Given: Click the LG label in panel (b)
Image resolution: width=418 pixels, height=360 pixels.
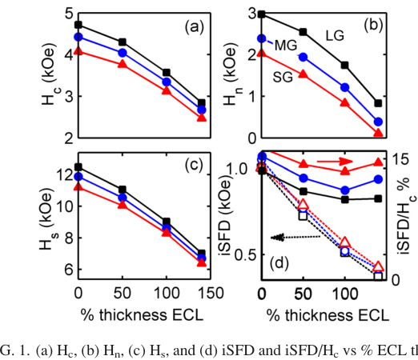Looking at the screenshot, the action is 335,35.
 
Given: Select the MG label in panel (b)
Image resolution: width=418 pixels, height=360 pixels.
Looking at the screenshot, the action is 286,46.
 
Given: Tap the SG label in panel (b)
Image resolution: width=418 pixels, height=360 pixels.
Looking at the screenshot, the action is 283,78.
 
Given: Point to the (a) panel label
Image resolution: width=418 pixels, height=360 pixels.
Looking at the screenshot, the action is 194,27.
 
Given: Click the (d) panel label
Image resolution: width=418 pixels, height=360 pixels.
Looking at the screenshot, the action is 279,263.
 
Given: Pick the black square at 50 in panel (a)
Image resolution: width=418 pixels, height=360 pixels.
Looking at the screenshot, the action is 123,42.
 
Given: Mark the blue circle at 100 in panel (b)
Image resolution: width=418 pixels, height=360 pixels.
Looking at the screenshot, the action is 345,87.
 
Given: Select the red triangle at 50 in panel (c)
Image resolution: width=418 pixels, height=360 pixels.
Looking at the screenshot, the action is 123,205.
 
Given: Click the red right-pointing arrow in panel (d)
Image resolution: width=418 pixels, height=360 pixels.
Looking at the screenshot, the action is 335,161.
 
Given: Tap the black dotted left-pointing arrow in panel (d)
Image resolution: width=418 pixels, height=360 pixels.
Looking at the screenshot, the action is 295,237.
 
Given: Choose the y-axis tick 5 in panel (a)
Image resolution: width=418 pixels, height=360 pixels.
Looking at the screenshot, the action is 69,14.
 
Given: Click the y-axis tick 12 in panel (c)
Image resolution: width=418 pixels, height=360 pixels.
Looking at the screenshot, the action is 65,175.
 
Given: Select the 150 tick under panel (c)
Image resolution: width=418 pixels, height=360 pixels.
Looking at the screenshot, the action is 210,293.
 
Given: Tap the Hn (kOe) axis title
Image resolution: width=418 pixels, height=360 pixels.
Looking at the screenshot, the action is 230,76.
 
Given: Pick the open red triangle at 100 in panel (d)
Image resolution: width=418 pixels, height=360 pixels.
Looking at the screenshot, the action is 345,242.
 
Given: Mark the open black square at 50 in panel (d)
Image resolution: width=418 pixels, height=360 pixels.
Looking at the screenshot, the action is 303,215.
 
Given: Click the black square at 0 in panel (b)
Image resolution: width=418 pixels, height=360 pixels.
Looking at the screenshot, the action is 262,14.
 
